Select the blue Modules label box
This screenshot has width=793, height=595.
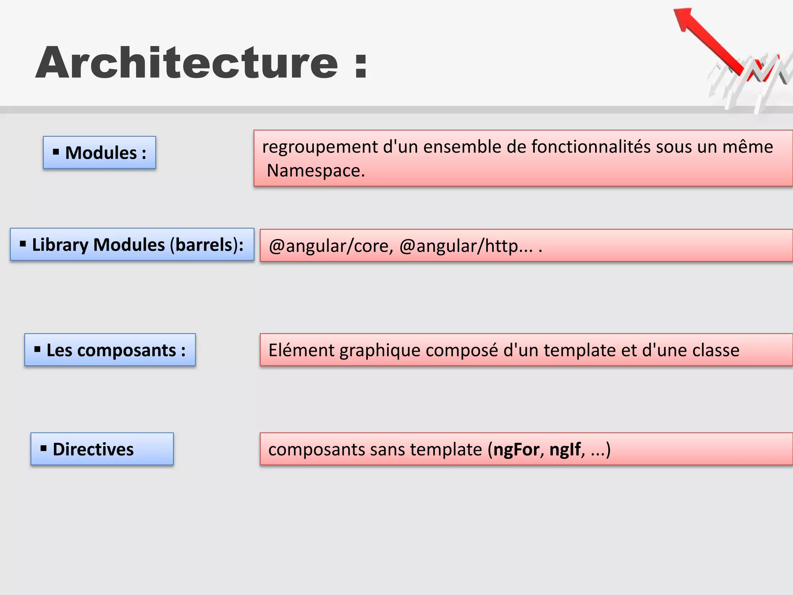point(100,153)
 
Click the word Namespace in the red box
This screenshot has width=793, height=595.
point(315,170)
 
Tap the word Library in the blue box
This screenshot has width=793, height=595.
point(60,245)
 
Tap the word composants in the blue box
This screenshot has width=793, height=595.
point(127,350)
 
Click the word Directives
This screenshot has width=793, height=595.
point(93,449)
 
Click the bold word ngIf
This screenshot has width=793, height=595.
point(565,450)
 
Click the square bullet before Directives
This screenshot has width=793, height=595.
point(43,449)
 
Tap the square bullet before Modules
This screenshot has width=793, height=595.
point(56,152)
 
